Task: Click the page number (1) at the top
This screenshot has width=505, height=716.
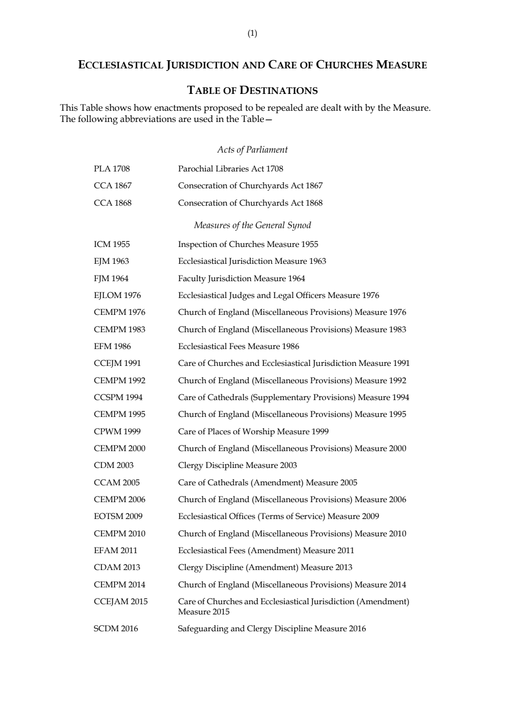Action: pos(252,34)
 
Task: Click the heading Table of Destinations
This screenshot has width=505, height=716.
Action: pos(252,91)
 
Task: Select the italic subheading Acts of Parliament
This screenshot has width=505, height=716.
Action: pos(252,150)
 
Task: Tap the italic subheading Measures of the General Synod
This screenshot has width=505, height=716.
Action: pos(252,225)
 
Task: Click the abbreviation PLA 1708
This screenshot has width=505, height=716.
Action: pos(112,169)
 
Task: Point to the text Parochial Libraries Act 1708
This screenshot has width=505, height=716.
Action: pos(230,169)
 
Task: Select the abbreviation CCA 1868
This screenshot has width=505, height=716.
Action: pos(113,203)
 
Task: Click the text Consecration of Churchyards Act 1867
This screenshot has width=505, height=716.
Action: pos(250,186)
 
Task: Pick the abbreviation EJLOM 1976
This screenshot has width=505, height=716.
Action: pos(117,295)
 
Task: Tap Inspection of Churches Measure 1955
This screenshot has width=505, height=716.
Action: pos(248,244)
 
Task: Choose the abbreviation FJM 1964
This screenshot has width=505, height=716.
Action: pos(111,279)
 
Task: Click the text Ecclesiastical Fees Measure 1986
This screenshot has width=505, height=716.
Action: pos(238,347)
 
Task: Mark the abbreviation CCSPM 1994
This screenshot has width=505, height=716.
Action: pos(118,398)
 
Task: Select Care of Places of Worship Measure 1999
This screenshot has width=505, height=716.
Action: pos(253,432)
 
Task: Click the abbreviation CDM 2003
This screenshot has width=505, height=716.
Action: pos(114,465)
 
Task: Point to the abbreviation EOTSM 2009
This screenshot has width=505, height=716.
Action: pos(118,516)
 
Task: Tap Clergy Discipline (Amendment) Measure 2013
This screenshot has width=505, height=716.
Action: pos(265,567)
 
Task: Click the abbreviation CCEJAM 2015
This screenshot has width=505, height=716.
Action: pos(121,602)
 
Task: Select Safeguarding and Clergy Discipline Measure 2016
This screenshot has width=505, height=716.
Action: pos(272,629)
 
